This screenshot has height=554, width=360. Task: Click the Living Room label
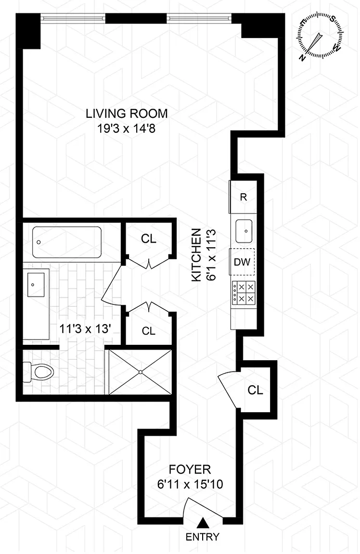(x=127, y=113)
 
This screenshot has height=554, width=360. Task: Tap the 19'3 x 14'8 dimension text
(x=126, y=128)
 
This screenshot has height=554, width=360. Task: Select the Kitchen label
(x=196, y=255)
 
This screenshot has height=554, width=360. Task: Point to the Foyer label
(x=190, y=469)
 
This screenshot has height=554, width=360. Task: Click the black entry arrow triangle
(x=202, y=522)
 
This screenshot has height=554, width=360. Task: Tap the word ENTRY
(x=202, y=537)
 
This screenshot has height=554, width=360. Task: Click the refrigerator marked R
(x=243, y=197)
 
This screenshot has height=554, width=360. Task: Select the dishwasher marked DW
(x=242, y=262)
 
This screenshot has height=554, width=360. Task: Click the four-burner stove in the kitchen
(x=244, y=293)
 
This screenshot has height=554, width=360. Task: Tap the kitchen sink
(x=244, y=231)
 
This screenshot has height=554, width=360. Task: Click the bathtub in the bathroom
(x=67, y=242)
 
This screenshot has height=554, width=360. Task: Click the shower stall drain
(x=141, y=372)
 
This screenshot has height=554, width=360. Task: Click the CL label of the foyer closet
(x=256, y=390)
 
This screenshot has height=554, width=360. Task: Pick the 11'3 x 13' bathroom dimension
(x=86, y=329)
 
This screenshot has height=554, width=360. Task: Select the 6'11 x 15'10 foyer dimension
(x=190, y=484)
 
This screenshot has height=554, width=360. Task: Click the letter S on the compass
(x=333, y=19)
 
